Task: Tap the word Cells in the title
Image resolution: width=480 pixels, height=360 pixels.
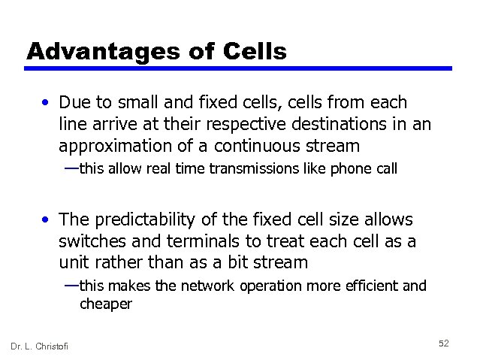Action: pos(255,51)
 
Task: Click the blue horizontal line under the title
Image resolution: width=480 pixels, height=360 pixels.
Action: pos(238,68)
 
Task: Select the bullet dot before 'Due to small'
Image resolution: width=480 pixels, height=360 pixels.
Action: pos(47,102)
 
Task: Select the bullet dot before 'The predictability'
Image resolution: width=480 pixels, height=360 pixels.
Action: pos(47,220)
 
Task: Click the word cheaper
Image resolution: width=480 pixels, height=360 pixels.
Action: pos(106,304)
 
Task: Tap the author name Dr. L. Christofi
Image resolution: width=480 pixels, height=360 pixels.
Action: pos(39,345)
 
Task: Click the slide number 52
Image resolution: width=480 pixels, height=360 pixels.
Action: pos(443,343)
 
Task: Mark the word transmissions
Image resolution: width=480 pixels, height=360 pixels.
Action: pos(250,169)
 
